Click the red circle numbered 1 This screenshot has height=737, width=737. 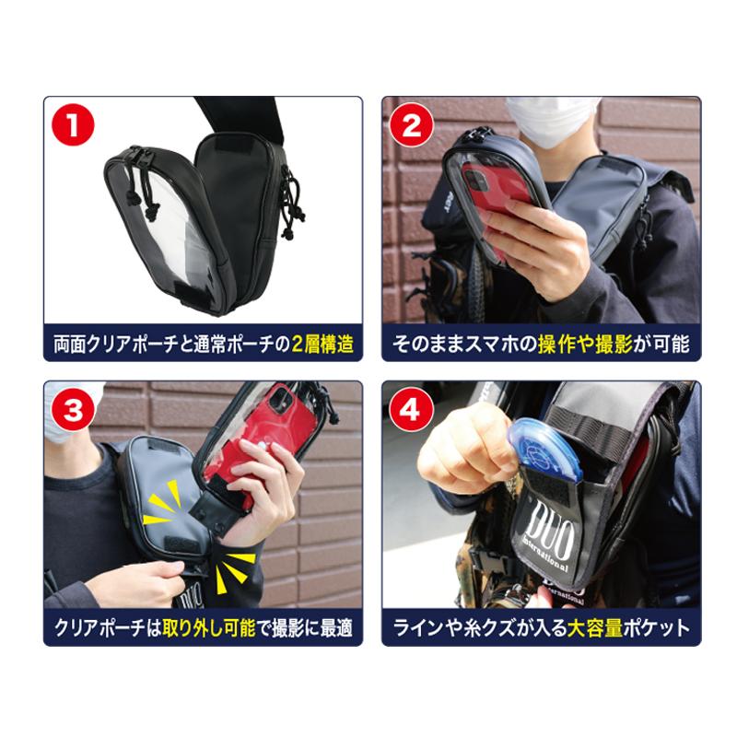[x=73, y=125]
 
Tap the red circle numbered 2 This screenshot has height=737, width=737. [x=412, y=125]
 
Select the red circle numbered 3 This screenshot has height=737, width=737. [x=73, y=410]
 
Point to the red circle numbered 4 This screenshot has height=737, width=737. [x=412, y=410]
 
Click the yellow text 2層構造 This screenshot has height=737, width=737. [x=322, y=345]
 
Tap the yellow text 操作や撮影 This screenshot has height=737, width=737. [x=585, y=345]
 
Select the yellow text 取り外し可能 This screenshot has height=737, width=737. [x=208, y=628]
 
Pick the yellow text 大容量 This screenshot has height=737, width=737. [x=594, y=628]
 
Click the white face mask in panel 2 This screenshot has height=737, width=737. [x=551, y=118]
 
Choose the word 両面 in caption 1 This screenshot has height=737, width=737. [x=71, y=345]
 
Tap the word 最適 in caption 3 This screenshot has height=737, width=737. [x=336, y=628]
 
